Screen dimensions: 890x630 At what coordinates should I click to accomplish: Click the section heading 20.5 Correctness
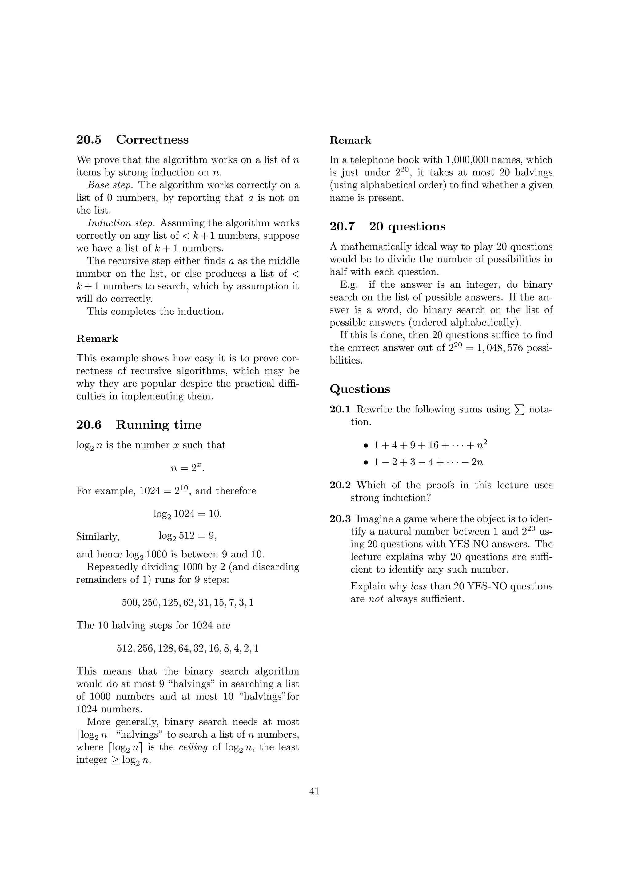click(x=132, y=140)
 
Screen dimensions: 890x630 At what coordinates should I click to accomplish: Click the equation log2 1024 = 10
click(x=187, y=514)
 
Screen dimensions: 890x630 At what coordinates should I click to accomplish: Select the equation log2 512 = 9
click(x=187, y=536)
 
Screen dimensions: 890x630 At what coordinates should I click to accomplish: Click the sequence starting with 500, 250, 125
click(x=187, y=602)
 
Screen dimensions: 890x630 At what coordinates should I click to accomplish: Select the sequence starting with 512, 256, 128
click(x=187, y=648)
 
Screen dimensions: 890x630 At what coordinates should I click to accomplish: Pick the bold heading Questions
click(x=360, y=389)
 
